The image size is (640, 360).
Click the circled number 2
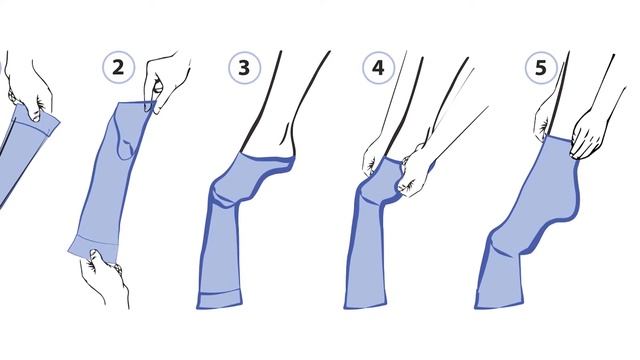pyautogui.click(x=118, y=67)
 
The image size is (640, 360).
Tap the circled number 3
pyautogui.click(x=244, y=68)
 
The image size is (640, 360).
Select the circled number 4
pyautogui.click(x=378, y=68)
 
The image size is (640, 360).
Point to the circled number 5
pyautogui.click(x=541, y=68)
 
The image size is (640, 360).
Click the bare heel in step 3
pyautogui.click(x=288, y=143)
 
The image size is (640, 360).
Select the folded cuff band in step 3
pyautogui.click(x=220, y=299)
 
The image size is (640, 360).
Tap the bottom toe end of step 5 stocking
pyautogui.click(x=499, y=303)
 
